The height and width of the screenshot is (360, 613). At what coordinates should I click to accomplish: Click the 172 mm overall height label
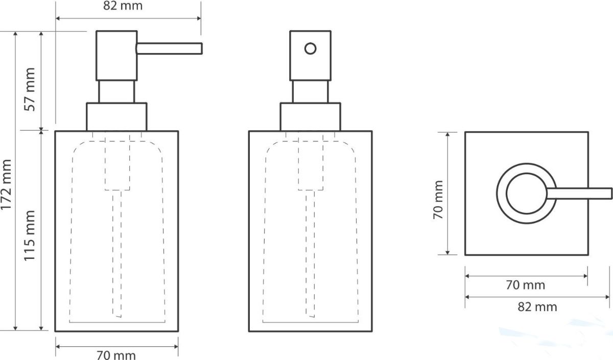pos(6,185)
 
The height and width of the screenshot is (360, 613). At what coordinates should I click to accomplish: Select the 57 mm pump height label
pos(30,89)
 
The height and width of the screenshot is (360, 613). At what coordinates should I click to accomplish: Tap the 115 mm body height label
pos(30,235)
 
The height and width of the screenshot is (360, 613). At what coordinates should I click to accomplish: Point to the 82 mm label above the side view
pos(123,6)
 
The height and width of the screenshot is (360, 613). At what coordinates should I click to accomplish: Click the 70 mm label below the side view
pos(116,355)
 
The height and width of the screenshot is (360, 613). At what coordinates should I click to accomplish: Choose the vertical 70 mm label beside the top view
pos(438,200)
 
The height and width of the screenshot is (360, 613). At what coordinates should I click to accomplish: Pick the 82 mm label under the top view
pos(537,307)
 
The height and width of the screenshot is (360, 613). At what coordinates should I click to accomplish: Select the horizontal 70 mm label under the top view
pos(526,285)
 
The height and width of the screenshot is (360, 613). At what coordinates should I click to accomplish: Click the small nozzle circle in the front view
pos(311,49)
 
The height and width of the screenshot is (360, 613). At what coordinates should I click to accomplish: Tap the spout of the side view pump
pos(169,49)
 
